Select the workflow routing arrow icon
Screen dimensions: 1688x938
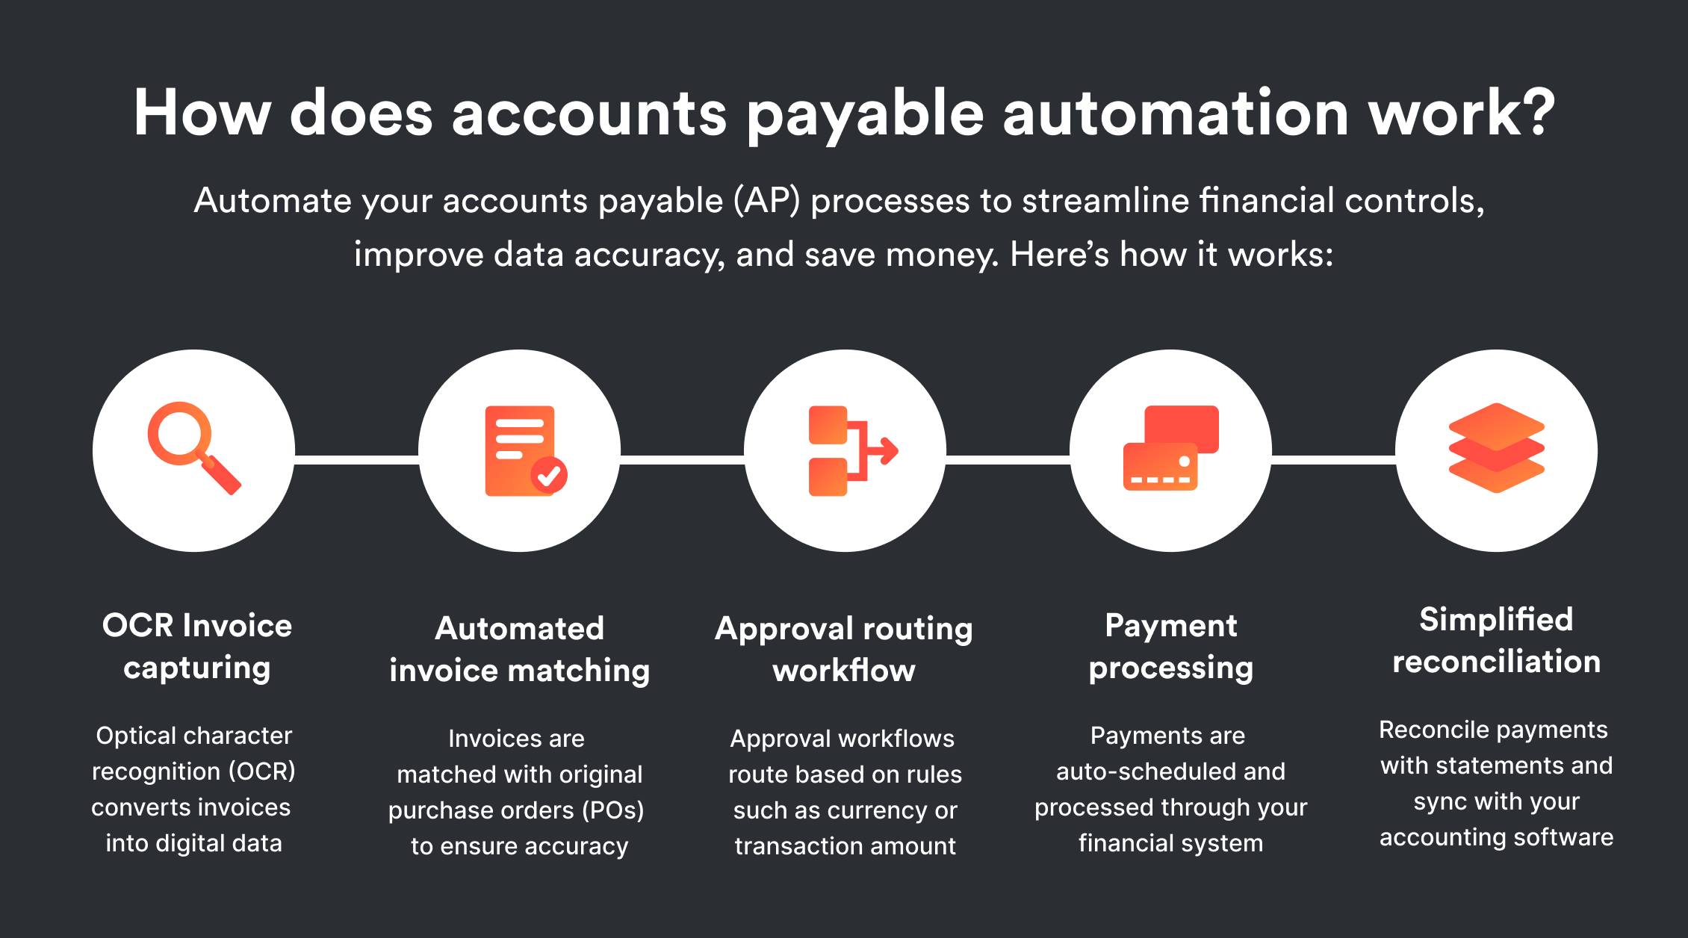point(850,451)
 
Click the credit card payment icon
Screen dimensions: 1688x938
point(1170,448)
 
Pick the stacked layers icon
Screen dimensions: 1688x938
point(1496,448)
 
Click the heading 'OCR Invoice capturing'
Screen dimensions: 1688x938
point(196,646)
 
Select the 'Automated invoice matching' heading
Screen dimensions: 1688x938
point(519,649)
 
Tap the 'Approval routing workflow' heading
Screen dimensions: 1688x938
point(844,649)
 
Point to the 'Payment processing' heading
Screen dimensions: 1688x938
point(1170,646)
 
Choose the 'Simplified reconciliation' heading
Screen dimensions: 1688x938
point(1496,641)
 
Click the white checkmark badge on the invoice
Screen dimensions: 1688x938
point(549,475)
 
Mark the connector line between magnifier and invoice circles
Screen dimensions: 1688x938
point(356,459)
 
